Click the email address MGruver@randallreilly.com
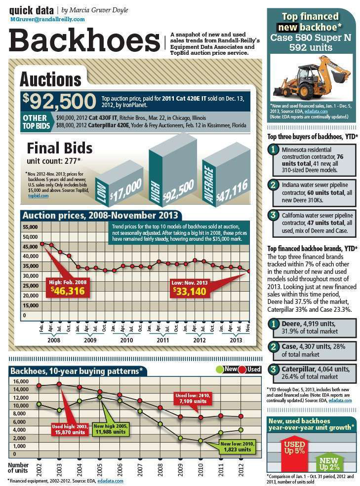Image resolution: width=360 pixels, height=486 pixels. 47,19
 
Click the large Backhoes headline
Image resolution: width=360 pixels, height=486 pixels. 84,40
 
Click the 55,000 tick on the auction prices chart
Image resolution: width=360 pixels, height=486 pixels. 31,227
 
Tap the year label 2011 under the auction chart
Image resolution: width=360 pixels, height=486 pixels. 163,340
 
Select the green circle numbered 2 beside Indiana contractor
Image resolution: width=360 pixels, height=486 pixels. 273,185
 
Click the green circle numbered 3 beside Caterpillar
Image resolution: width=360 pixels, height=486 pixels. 273,369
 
